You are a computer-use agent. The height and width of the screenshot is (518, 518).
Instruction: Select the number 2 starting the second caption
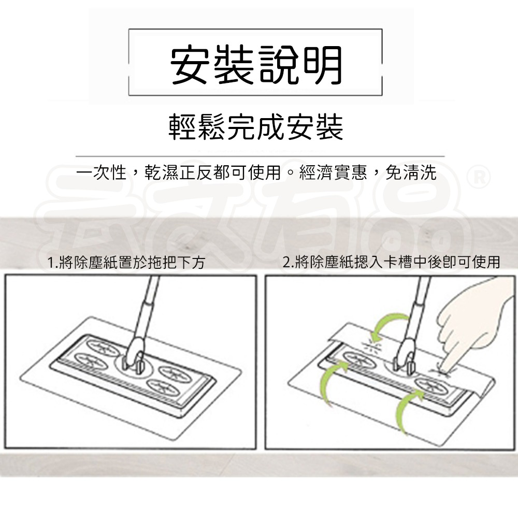pos(286,262)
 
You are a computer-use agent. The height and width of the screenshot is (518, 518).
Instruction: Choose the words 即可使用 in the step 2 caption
pos(472,262)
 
